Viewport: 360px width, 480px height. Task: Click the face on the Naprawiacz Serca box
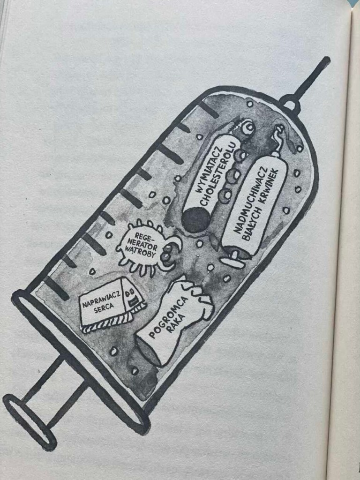pyautogui.click(x=132, y=296)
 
